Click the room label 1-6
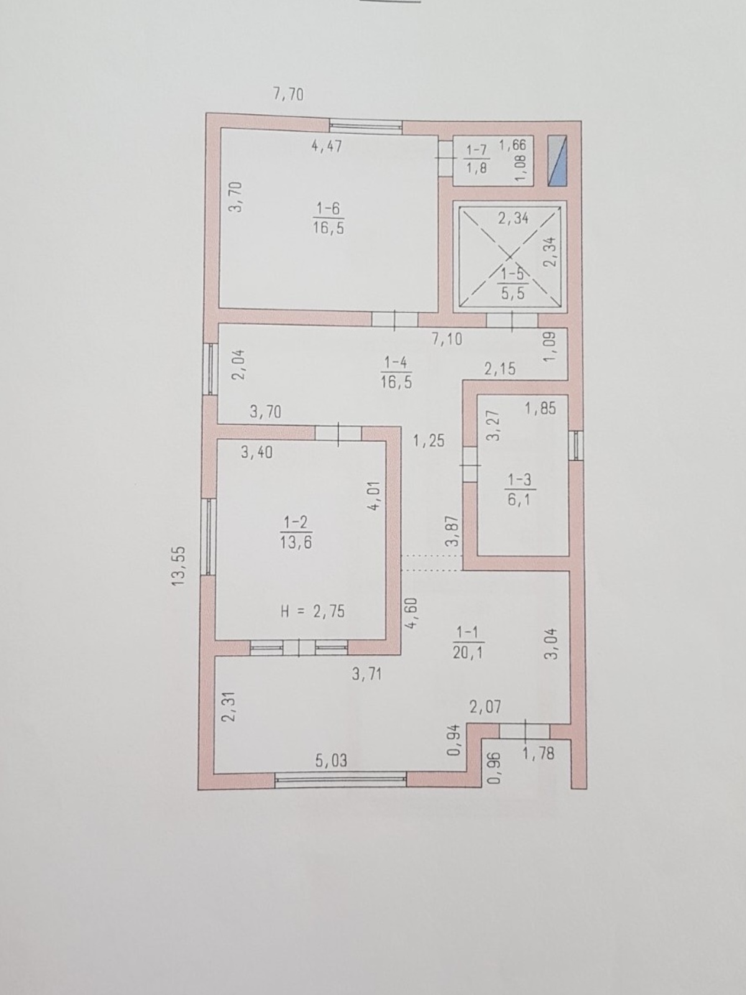328,218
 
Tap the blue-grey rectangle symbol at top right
558,161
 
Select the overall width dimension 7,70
288,95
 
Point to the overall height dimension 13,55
179,566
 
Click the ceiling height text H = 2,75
313,611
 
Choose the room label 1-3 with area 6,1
520,491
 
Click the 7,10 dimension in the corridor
446,339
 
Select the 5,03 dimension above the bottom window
331,760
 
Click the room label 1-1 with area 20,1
468,642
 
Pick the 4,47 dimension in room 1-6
327,146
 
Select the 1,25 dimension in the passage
428,441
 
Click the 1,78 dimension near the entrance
538,753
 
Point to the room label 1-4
397,372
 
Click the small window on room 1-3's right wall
576,446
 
